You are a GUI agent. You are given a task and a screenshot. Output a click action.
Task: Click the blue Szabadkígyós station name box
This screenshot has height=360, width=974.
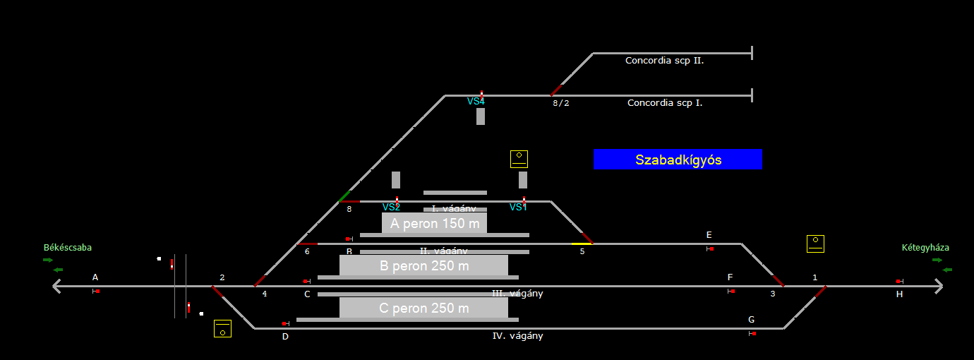pyautogui.click(x=678, y=160)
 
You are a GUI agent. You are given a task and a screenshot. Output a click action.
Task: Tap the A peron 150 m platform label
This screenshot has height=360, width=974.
pyautogui.click(x=434, y=224)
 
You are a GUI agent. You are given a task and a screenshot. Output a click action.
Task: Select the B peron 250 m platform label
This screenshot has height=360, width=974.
pyautogui.click(x=423, y=265)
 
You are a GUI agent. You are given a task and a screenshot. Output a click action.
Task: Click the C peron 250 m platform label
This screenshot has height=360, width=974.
pyautogui.click(x=423, y=308)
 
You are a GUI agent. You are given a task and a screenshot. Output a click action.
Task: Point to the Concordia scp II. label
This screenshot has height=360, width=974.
pyautogui.click(x=664, y=61)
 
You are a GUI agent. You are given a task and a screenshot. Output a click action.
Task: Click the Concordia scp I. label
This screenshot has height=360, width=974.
pyautogui.click(x=665, y=103)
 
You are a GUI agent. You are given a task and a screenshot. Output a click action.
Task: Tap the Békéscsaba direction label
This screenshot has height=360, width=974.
pyautogui.click(x=68, y=248)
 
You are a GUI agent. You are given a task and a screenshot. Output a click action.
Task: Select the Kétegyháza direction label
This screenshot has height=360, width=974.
pyautogui.click(x=925, y=248)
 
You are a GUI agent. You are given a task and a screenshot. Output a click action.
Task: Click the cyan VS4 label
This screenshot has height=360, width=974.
pyautogui.click(x=476, y=102)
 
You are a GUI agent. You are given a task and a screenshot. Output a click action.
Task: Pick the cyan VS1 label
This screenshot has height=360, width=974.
pyautogui.click(x=518, y=208)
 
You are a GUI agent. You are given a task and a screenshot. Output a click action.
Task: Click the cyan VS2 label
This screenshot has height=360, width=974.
pyautogui.click(x=391, y=208)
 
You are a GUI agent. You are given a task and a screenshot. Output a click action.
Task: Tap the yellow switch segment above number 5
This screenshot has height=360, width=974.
pyautogui.click(x=582, y=244)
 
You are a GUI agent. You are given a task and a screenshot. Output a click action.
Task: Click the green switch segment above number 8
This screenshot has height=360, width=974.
pyautogui.click(x=344, y=196)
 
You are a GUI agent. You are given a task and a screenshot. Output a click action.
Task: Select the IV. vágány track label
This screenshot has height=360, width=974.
pyautogui.click(x=517, y=336)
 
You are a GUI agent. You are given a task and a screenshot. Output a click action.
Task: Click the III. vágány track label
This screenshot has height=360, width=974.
pyautogui.click(x=517, y=294)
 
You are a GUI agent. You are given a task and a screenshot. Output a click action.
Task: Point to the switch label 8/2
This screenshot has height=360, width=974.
pyautogui.click(x=560, y=103)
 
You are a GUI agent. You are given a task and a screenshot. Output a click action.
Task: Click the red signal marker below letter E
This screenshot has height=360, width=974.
pyautogui.click(x=711, y=248)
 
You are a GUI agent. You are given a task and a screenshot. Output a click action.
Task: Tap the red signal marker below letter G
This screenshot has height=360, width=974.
pyautogui.click(x=754, y=333)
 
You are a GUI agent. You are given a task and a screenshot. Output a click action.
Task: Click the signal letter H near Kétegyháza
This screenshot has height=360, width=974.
pyautogui.click(x=899, y=294)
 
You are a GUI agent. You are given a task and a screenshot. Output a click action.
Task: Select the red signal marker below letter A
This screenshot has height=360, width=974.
pyautogui.click(x=97, y=291)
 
